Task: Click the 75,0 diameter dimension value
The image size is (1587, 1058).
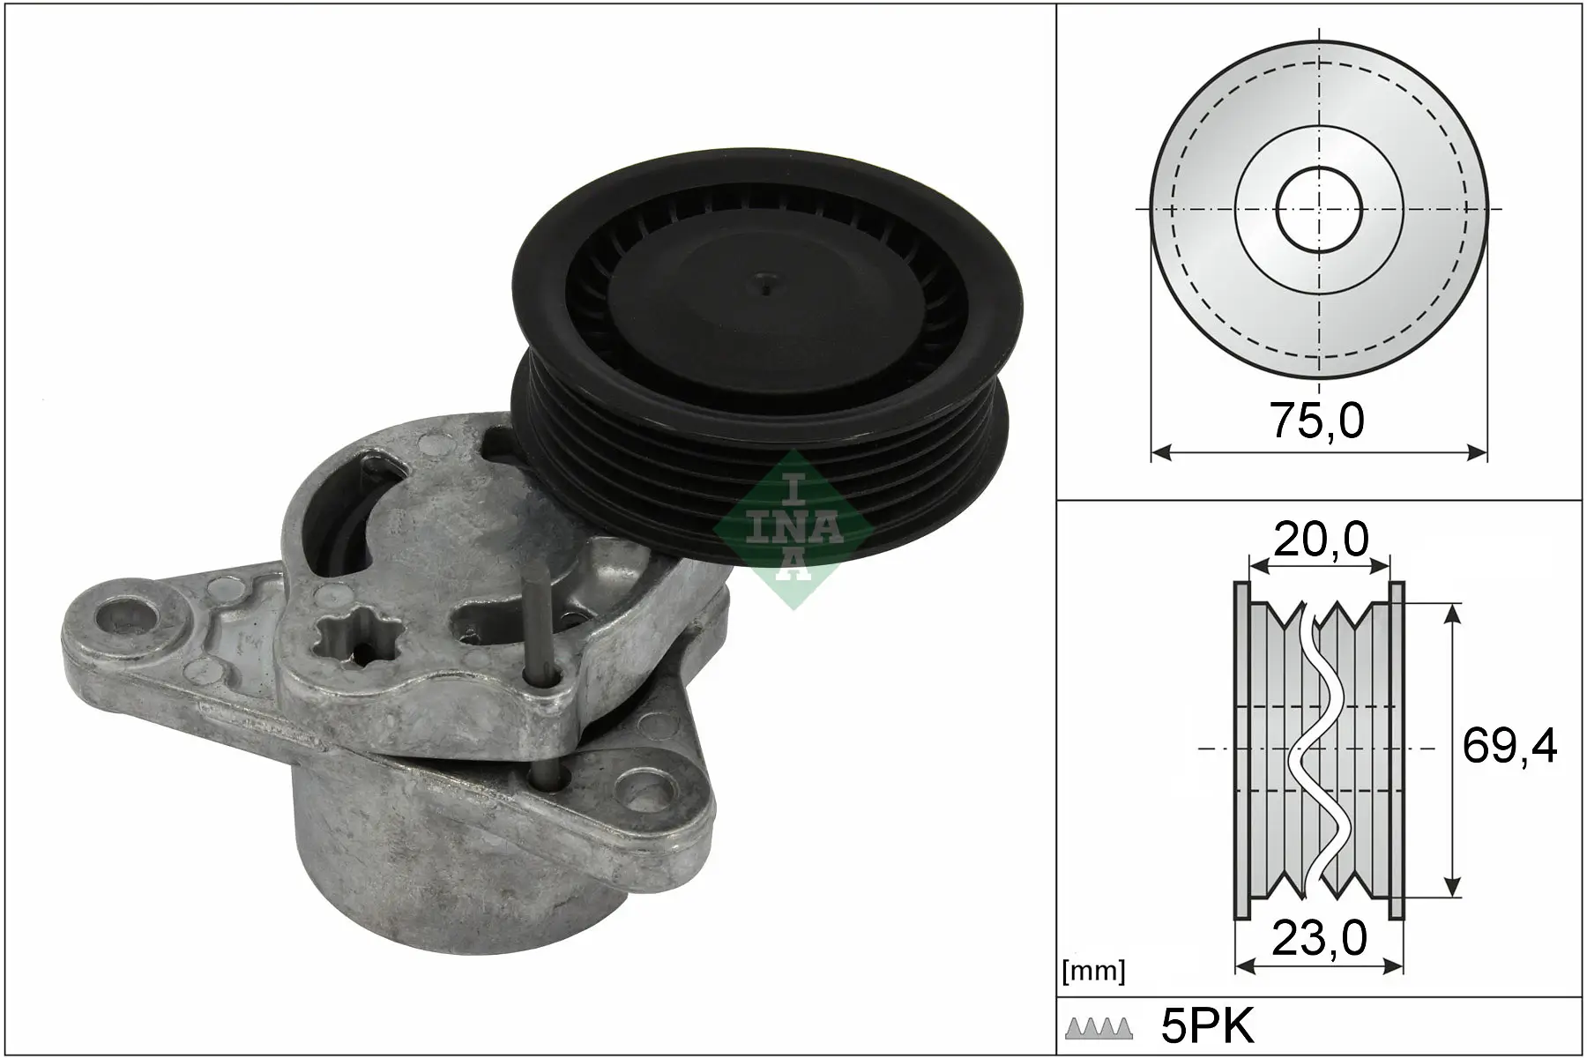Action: [x=1316, y=421]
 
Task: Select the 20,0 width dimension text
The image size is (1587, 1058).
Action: [x=1320, y=538]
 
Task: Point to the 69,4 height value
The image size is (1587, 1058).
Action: [x=1509, y=747]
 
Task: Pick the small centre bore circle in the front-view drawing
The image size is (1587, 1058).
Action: [x=1320, y=210]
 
